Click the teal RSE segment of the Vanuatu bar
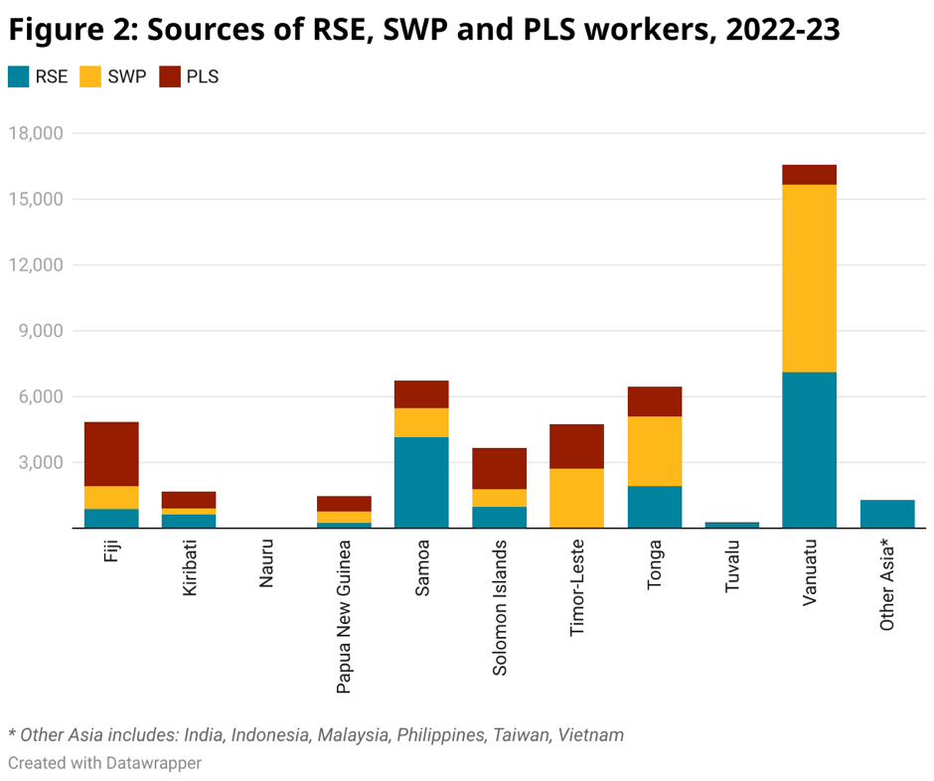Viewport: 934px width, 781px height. point(809,450)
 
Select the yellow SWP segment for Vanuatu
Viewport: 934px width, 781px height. point(809,278)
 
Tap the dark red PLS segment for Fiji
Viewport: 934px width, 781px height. point(111,454)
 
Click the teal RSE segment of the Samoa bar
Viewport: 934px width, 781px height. point(421,483)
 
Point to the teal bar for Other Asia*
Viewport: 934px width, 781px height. point(886,514)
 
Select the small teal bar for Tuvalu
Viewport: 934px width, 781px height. point(731,525)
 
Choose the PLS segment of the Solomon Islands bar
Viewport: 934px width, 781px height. point(499,468)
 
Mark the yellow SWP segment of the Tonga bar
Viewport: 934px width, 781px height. point(654,451)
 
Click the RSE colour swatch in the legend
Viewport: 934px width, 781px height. point(18,77)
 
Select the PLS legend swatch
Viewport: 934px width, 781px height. point(170,77)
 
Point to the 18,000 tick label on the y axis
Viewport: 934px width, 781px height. point(36,133)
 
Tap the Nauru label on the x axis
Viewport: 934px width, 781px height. point(266,563)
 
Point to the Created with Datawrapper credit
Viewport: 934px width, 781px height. point(104,763)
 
